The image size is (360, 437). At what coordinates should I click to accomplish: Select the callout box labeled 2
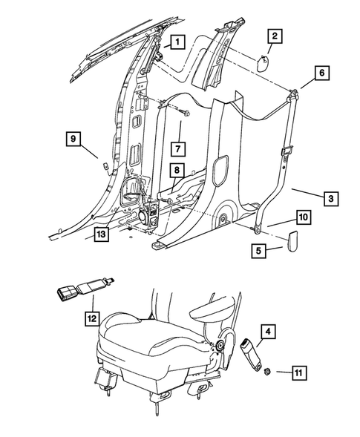click(275, 35)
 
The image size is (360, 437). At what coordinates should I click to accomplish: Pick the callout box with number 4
click(268, 329)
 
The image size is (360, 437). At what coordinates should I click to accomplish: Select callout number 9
click(75, 137)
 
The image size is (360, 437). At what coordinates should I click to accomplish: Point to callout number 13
click(102, 234)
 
